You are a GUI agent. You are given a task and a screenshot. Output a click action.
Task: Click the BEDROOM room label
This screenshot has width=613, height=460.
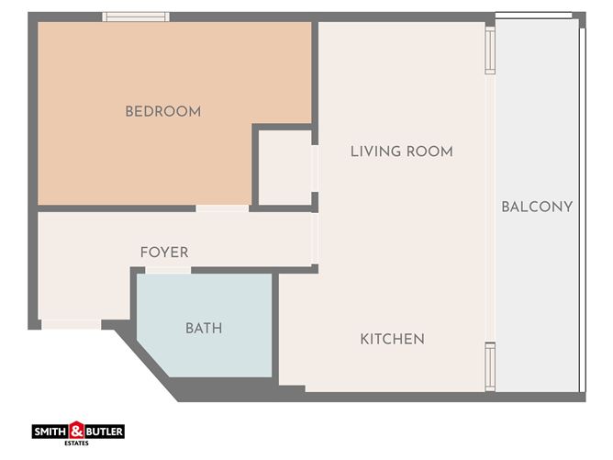162,112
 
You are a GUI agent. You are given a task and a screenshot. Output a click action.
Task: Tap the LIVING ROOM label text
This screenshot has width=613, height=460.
401,151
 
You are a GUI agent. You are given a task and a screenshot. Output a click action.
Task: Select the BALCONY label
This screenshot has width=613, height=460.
537,207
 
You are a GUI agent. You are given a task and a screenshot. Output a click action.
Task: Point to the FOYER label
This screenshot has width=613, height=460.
164,252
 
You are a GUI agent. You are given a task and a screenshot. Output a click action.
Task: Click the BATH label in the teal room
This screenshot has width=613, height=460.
204,328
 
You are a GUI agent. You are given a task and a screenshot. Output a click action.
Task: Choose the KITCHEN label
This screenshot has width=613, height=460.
392,339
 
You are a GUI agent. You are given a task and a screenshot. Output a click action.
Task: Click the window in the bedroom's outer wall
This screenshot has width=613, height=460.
136,17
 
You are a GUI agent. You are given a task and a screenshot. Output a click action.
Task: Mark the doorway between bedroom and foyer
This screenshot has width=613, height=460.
222,208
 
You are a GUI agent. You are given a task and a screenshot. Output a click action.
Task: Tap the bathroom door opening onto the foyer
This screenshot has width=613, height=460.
168,270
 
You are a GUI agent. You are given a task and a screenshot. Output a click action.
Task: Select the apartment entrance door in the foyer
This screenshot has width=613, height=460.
72,324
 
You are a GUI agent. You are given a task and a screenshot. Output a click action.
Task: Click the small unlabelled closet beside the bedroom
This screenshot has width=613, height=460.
283,168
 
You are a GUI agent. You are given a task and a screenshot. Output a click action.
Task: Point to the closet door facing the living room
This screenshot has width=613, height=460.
316,169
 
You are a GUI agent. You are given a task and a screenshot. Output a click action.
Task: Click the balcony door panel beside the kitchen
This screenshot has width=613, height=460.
490,366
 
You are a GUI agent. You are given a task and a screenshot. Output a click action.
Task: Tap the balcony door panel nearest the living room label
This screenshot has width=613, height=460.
490,50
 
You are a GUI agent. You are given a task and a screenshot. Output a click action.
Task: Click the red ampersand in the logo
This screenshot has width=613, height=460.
77,429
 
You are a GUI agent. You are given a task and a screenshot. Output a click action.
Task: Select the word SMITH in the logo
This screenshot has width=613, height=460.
50,431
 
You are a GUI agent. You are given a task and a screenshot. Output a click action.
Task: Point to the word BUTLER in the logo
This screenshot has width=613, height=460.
104,431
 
